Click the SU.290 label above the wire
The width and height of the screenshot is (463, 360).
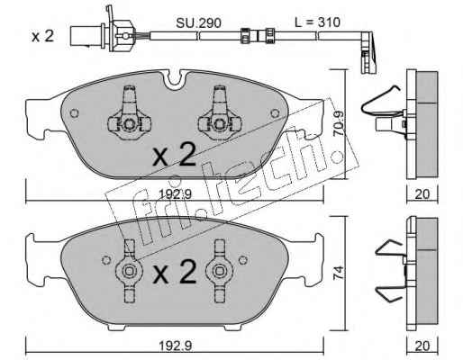click(198, 22)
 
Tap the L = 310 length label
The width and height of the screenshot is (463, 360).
click(317, 22)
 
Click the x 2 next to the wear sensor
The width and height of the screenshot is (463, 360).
click(42, 37)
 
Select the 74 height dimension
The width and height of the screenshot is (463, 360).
click(339, 274)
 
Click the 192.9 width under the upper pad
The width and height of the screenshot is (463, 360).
click(175, 195)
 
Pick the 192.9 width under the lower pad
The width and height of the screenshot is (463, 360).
click(175, 346)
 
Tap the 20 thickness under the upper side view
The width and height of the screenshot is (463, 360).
click(422, 194)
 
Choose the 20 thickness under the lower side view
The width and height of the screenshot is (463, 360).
click(422, 346)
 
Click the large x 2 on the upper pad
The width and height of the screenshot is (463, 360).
click(174, 155)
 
